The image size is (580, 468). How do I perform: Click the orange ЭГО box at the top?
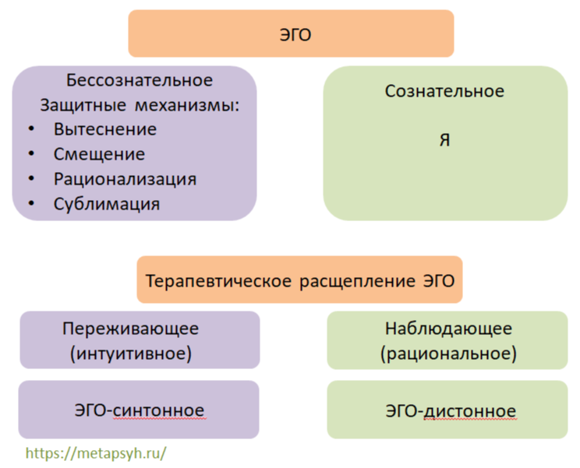tap(290, 33)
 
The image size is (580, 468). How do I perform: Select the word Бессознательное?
tap(140, 80)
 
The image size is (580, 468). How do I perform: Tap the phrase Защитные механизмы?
tap(138, 104)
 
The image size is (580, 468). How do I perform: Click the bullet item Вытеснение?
tap(104, 129)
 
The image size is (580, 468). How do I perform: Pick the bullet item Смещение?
tap(99, 154)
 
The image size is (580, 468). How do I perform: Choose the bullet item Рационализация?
tap(125, 179)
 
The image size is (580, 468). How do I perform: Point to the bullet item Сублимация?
tap(107, 204)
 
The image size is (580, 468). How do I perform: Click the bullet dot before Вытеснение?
tap(30, 129)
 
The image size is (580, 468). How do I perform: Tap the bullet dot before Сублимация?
tap(30, 204)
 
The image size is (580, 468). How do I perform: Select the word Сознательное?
tap(444, 91)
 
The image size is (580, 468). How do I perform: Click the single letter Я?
tap(444, 142)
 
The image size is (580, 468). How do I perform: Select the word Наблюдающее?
tap(448, 328)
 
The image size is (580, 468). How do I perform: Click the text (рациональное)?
tap(448, 354)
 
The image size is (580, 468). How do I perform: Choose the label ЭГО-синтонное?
tap(140, 410)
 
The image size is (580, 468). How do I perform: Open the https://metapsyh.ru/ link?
tap(96, 452)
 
